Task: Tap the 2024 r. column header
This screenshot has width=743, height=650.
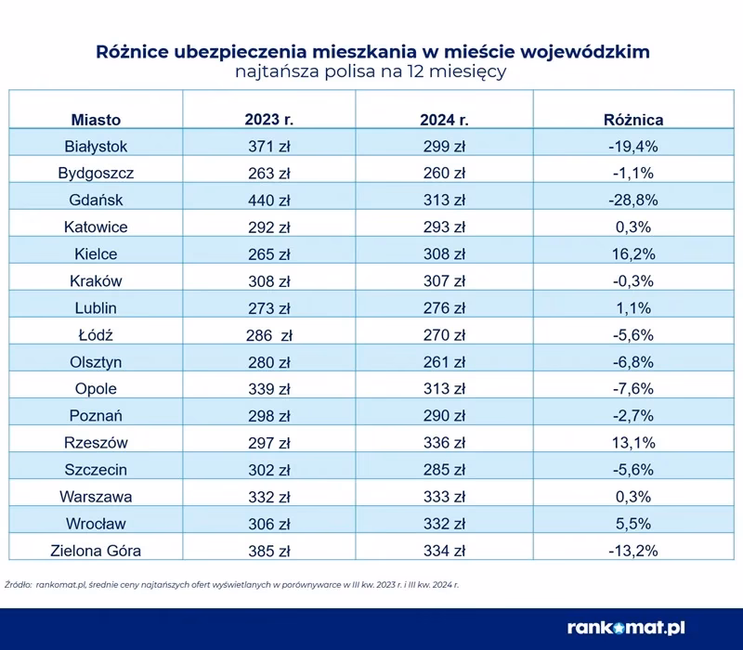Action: point(444,120)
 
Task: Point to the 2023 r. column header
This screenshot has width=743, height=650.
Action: point(267,120)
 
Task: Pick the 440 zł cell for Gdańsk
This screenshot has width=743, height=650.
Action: point(267,201)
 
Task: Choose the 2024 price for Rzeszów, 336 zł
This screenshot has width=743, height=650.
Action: point(444,443)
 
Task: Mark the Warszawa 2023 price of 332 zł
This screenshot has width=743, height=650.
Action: point(267,497)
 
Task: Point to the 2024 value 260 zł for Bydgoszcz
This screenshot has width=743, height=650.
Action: point(444,174)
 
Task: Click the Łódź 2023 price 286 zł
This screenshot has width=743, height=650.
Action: point(267,335)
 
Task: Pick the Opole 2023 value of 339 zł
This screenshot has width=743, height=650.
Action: point(267,389)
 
